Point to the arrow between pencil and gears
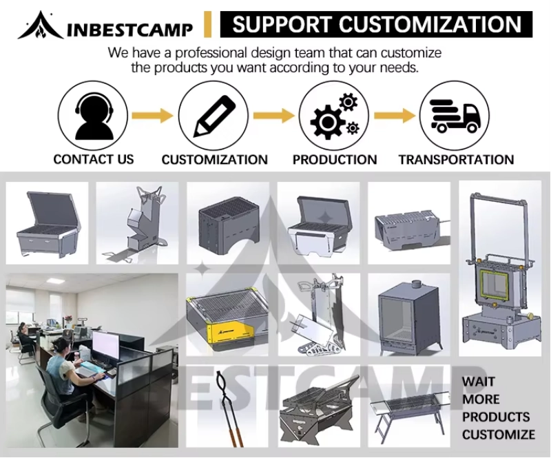pyautogui.click(x=273, y=116)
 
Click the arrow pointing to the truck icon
pyautogui.click(x=394, y=116)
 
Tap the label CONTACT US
pyautogui.click(x=94, y=159)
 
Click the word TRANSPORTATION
pyautogui.click(x=456, y=160)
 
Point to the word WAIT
pyautogui.click(x=479, y=382)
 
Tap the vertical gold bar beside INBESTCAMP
pyautogui.click(x=208, y=25)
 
